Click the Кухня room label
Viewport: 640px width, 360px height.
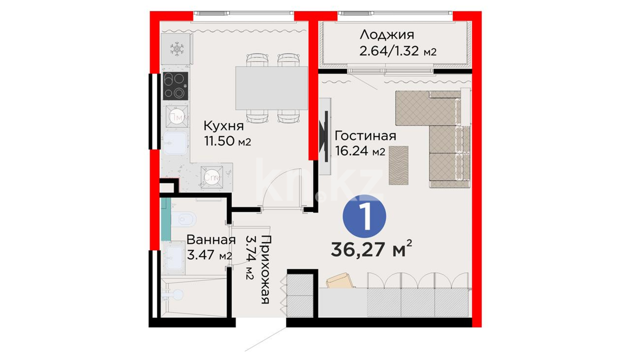(x=224, y=126)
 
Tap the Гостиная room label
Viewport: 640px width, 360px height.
(x=365, y=136)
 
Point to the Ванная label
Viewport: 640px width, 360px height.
(x=211, y=240)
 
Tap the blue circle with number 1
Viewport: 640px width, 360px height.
(x=364, y=217)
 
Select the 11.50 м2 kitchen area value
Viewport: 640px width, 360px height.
(x=227, y=141)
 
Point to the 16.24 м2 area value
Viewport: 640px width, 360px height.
(x=360, y=151)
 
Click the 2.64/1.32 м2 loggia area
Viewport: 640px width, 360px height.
(x=398, y=51)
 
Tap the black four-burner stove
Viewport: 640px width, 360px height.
(x=175, y=86)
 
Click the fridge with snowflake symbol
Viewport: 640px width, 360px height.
(x=177, y=49)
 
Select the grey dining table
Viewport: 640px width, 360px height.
(x=272, y=88)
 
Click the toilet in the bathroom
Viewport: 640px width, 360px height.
(x=183, y=220)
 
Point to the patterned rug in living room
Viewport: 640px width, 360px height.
(x=398, y=165)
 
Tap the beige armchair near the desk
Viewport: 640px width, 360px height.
(x=340, y=281)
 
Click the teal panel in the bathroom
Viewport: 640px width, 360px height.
(x=166, y=219)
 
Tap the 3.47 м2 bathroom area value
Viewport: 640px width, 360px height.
(x=209, y=255)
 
